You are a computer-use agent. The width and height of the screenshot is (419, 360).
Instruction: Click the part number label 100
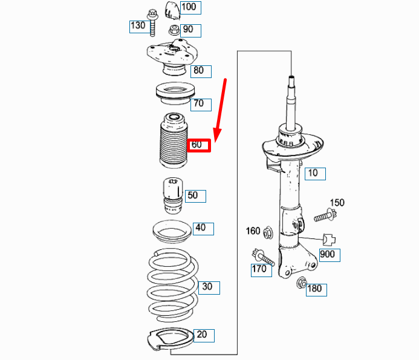[x=189, y=7]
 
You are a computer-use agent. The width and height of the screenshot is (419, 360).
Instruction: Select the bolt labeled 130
[x=152, y=23]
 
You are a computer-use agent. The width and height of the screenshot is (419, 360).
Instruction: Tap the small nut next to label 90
[x=174, y=30]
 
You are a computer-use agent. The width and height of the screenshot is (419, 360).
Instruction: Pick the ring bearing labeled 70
[x=175, y=94]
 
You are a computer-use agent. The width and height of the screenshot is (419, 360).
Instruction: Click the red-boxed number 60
[x=197, y=145]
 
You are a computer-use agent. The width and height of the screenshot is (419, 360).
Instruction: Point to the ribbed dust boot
[x=174, y=141]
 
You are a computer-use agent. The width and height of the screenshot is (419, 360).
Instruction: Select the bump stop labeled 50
[x=173, y=195]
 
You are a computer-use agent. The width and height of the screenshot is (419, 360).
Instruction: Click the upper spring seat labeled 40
[x=172, y=232]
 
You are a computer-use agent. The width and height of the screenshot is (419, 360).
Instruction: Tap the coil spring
[x=173, y=285]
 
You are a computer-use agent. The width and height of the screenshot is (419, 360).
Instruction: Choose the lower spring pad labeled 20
[x=171, y=339]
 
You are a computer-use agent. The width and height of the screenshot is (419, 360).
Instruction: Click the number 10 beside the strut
[x=313, y=173]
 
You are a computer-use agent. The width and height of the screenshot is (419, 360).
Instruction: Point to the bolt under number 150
[x=325, y=215]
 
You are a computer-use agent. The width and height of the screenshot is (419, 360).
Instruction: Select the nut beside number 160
[x=268, y=233]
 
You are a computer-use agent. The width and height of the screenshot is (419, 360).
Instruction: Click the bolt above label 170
[x=263, y=257]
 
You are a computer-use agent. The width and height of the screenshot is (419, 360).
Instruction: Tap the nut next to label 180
[x=302, y=283]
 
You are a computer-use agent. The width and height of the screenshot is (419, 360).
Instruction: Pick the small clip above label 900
[x=329, y=240]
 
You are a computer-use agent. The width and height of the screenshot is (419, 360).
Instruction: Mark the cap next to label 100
[x=173, y=10]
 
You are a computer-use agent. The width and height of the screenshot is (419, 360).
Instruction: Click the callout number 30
[x=207, y=287]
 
